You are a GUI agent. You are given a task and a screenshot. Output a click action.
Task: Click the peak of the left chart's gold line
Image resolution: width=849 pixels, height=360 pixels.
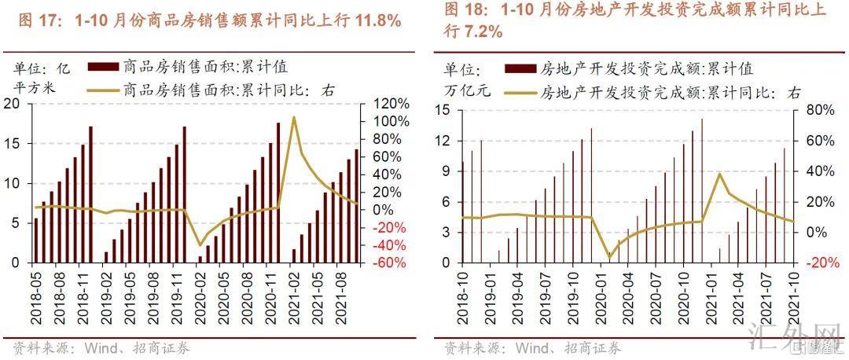[x=294, y=117]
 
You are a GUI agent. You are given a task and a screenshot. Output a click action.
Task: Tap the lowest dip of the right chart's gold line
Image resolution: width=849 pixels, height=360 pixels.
[x=608, y=257]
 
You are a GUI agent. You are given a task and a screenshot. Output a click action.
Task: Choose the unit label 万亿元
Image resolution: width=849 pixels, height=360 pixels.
[x=467, y=90]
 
